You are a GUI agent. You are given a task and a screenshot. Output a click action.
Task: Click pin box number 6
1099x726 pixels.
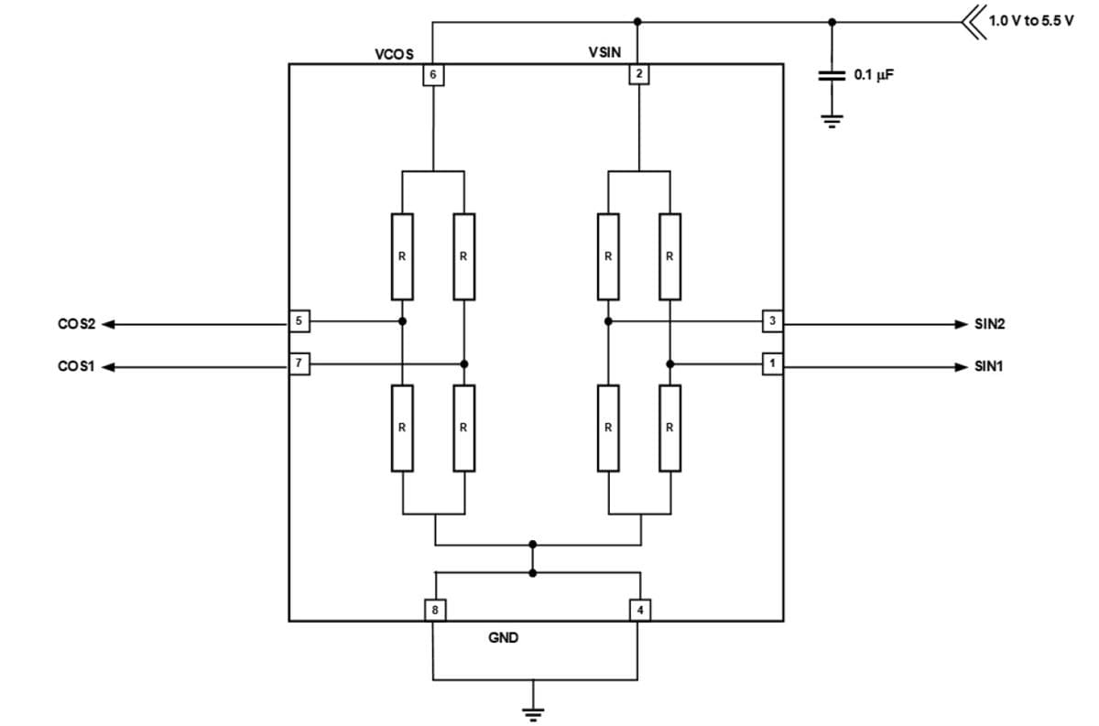tap(432, 74)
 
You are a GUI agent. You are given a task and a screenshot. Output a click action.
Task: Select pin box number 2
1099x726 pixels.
tap(638, 74)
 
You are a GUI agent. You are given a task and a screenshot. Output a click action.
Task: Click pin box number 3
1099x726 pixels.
tap(773, 321)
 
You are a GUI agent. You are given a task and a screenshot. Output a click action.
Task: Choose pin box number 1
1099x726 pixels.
tap(773, 364)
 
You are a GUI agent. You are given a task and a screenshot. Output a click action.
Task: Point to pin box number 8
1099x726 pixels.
tap(435, 610)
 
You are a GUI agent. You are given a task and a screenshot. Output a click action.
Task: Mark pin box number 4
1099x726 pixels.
tap(640, 610)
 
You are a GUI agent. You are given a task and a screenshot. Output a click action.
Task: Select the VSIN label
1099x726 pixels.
tap(604, 53)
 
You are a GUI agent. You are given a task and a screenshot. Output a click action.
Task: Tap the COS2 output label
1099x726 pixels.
tap(75, 323)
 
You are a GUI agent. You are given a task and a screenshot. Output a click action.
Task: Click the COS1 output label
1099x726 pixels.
tap(75, 367)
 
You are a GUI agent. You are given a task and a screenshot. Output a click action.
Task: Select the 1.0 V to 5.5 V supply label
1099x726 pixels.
tap(1030, 20)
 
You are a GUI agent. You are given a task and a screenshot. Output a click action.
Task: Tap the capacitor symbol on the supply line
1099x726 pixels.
tap(832, 77)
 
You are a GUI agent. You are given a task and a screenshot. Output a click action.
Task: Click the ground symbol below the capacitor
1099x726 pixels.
tap(832, 122)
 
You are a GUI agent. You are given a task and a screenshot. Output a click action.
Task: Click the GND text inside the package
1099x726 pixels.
tap(503, 638)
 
